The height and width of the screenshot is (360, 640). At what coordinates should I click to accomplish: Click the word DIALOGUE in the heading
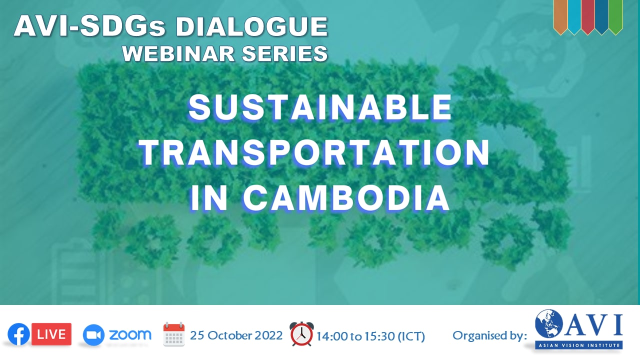251,26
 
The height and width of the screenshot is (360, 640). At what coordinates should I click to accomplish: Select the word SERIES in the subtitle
285,53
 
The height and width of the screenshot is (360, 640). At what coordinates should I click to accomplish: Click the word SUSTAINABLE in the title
320,107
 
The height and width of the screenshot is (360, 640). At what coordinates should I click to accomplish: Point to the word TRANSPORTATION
314,153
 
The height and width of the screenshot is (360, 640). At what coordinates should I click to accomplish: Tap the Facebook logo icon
18,334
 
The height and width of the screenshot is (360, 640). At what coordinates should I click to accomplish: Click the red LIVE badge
51,334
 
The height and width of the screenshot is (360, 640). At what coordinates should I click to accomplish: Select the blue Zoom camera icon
93,335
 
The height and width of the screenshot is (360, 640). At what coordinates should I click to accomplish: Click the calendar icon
174,334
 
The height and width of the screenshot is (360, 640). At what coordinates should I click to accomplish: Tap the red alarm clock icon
301,334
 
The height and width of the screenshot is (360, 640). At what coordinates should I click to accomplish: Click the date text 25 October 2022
236,335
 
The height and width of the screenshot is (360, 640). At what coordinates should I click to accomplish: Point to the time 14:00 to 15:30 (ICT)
371,336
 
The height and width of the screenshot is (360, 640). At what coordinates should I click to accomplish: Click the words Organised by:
489,335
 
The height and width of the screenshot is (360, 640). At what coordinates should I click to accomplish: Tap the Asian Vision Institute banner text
579,345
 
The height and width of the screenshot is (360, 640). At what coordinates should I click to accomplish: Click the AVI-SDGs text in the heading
89,26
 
